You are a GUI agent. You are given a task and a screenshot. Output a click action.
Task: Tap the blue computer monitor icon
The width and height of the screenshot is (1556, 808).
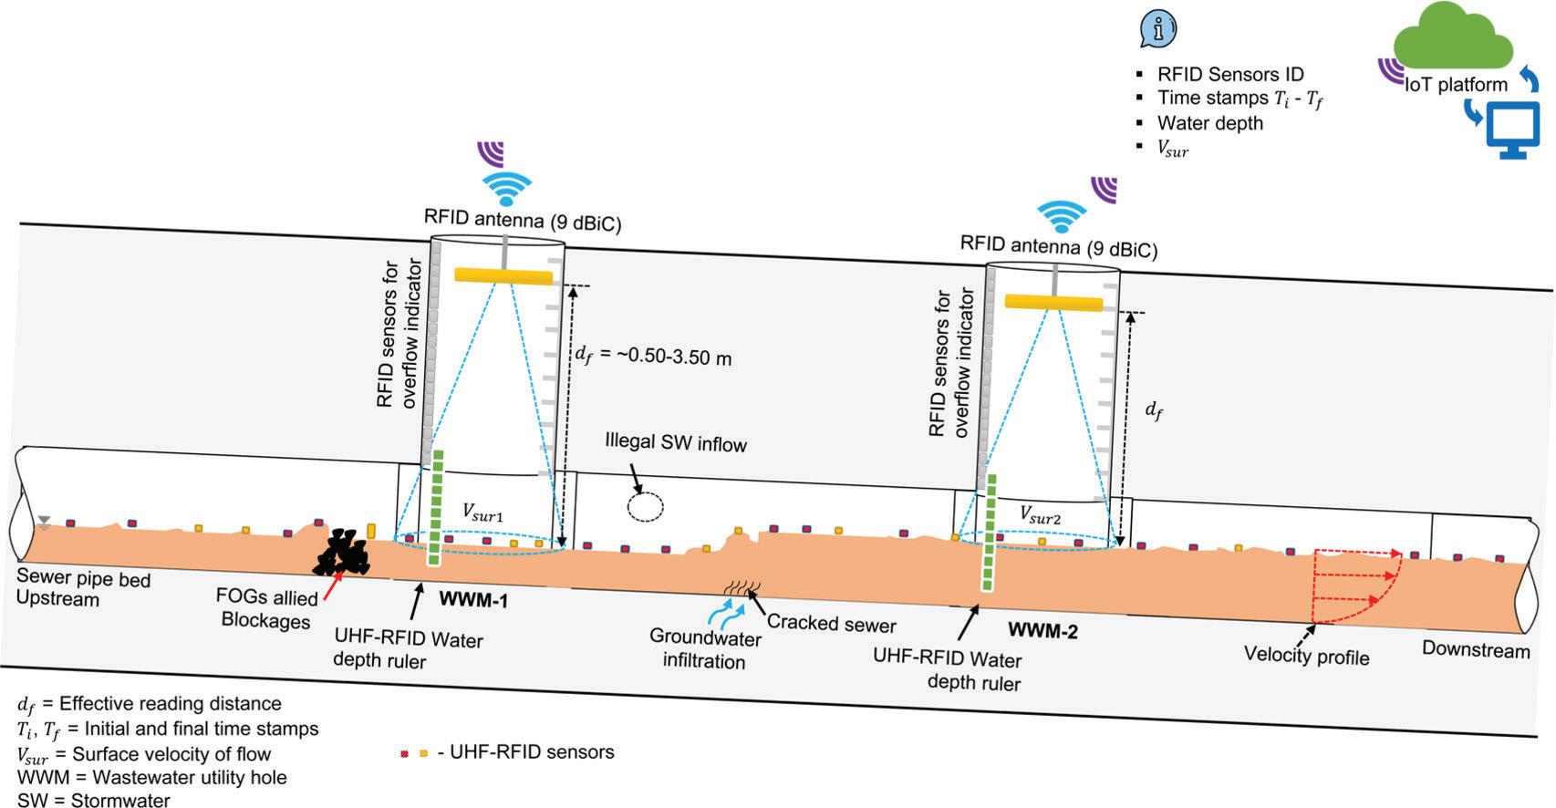[1513, 129]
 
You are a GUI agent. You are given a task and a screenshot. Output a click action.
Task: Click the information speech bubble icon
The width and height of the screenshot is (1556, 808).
[1158, 29]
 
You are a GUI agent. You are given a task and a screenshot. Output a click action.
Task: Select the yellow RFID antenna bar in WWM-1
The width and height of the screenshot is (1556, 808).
[503, 275]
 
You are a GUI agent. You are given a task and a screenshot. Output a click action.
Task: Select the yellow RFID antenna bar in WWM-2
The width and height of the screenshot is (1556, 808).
[1053, 302]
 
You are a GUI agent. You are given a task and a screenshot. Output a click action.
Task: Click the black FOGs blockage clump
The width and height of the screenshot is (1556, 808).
[341, 553]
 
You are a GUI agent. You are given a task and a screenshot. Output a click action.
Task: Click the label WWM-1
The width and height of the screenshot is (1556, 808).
[473, 601]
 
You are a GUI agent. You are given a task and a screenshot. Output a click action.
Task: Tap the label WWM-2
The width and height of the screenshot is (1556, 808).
[1043, 630]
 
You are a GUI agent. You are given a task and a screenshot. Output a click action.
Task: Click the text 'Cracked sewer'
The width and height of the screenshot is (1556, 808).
[831, 624]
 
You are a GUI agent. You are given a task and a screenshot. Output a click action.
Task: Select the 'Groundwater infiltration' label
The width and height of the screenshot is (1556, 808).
[705, 649]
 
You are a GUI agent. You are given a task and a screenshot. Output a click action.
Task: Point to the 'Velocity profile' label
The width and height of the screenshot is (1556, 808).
[1306, 656]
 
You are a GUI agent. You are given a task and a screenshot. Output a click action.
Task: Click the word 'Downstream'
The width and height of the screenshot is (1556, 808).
[1475, 650]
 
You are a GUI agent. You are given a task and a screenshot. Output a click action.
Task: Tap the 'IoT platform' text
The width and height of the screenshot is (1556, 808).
[1456, 85]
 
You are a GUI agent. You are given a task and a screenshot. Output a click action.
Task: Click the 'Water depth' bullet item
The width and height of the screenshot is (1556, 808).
[1209, 123]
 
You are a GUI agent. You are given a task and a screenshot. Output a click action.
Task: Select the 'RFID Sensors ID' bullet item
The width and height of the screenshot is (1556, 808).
[1230, 75]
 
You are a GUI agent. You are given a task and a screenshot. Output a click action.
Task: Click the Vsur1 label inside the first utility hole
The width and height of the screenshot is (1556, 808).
[482, 513]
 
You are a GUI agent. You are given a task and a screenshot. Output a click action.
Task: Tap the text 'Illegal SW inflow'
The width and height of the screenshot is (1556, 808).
[676, 443]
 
